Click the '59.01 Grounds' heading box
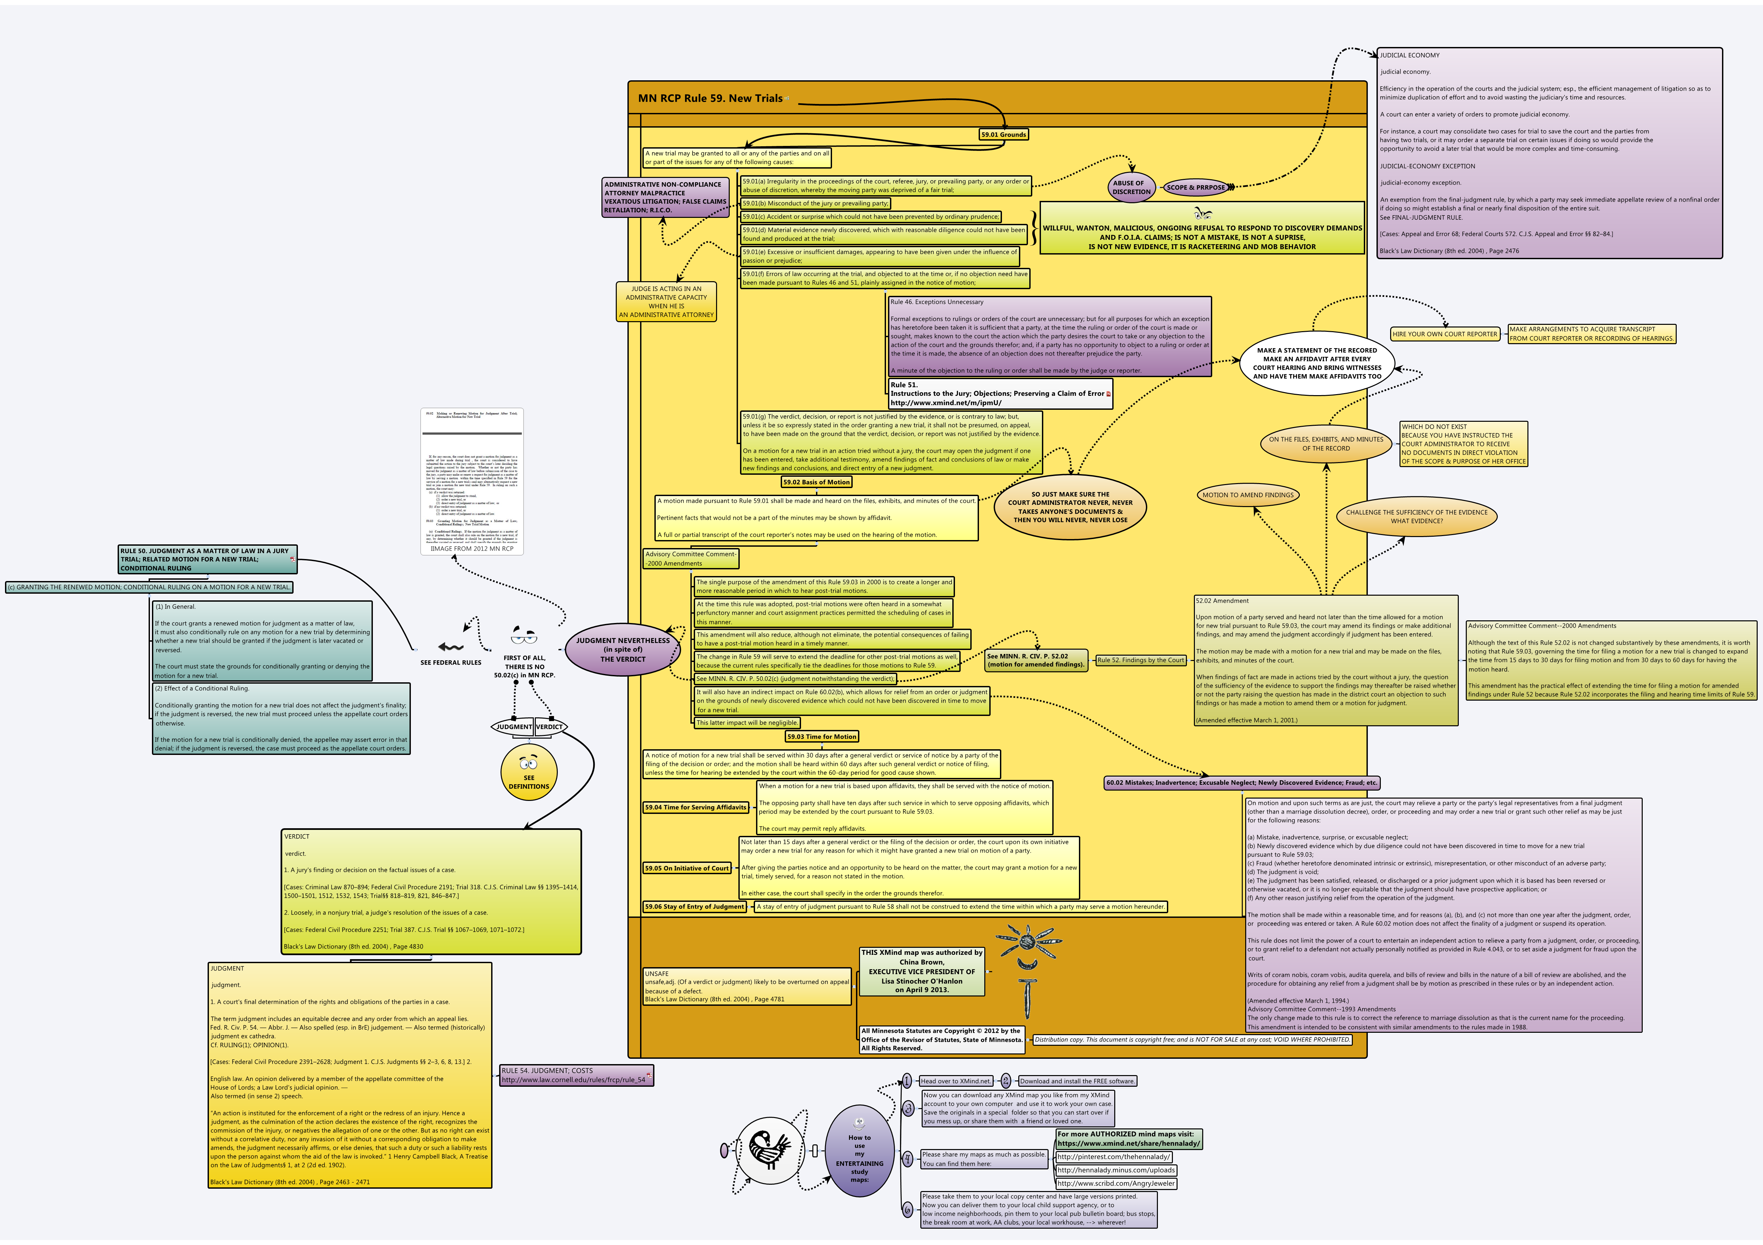point(1003,134)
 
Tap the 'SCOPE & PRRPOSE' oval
point(1196,187)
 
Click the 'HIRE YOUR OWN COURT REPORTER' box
point(1444,334)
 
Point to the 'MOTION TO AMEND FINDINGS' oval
point(1248,495)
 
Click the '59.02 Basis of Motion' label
point(816,482)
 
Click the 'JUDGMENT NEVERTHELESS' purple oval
point(623,649)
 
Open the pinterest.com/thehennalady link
point(1113,1157)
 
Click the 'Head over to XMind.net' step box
point(955,1081)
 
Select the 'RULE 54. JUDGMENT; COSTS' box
point(576,1075)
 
